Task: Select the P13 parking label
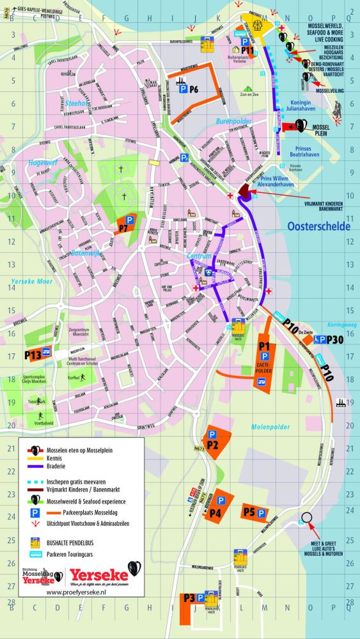(33, 355)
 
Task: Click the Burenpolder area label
(231, 119)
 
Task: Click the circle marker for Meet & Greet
(307, 518)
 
